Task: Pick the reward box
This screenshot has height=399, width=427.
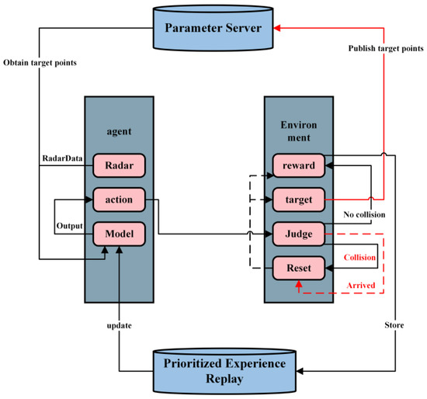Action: (x=299, y=166)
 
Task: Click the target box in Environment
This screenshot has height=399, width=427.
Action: (x=299, y=199)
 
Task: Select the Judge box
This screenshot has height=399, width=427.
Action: (x=299, y=234)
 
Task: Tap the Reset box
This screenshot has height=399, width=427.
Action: (x=299, y=269)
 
